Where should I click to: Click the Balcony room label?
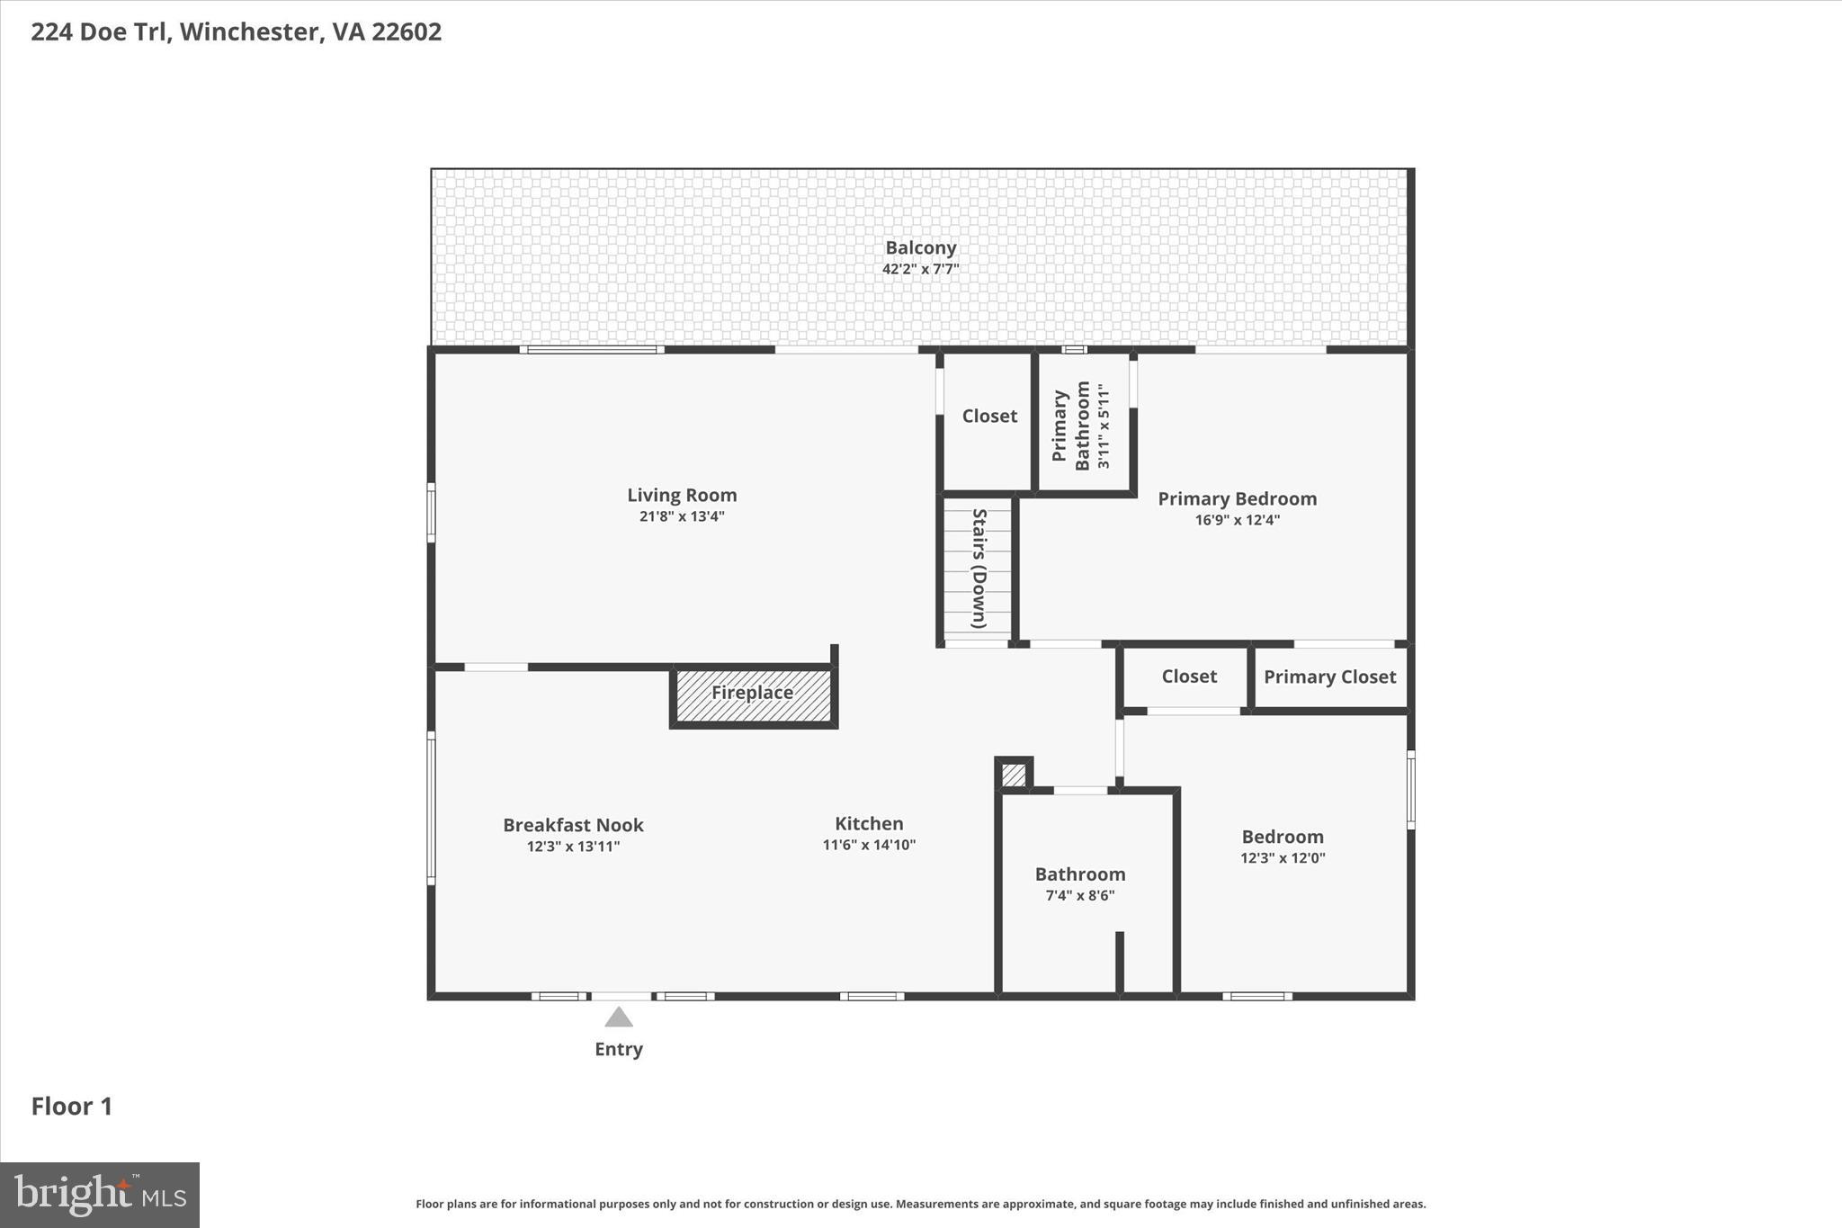[920, 247]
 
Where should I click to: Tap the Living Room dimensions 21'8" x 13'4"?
[682, 516]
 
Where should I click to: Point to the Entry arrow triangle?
[618, 1018]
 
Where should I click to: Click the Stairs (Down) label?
[979, 569]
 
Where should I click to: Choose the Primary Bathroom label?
[1070, 426]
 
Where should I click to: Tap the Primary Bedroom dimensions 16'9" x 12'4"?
[1237, 520]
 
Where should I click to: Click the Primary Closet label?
[1329, 677]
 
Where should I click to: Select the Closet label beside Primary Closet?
[1188, 677]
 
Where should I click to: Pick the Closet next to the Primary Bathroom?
[989, 416]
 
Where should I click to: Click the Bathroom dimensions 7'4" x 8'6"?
[1079, 895]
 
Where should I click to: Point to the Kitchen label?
[869, 823]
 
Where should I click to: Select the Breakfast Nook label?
[573, 825]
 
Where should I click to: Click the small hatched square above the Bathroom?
[1014, 775]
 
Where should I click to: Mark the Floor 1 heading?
[72, 1107]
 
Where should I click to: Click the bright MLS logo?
[100, 1195]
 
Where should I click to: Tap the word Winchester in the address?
[250, 31]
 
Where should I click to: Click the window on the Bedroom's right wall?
[1410, 789]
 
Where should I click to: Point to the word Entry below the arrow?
[618, 1049]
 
